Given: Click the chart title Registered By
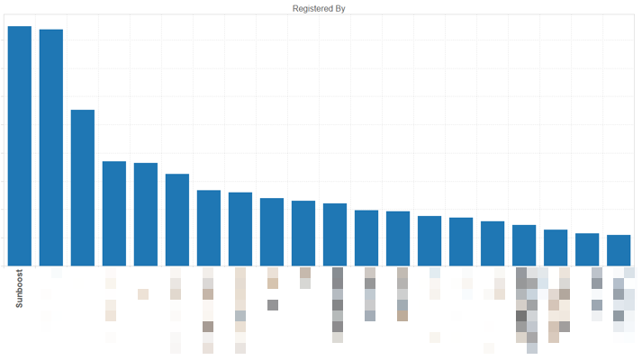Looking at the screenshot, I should click(x=320, y=8).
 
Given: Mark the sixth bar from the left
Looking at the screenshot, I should click(x=177, y=220).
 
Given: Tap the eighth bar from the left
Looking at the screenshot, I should click(x=240, y=229).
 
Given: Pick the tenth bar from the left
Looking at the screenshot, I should click(x=303, y=233).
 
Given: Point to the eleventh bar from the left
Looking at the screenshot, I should click(x=335, y=235).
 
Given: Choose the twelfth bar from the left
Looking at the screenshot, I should click(x=366, y=238).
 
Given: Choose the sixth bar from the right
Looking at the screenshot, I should click(x=461, y=242).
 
